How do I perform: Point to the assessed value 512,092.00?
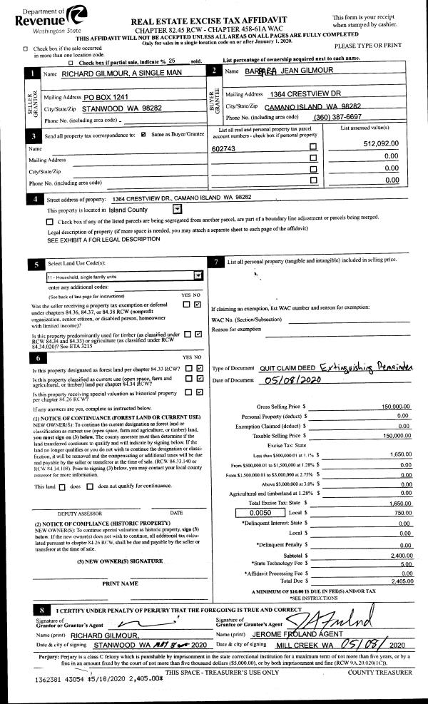point(379,143)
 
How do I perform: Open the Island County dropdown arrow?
point(178,210)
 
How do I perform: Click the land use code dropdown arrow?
point(198,274)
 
